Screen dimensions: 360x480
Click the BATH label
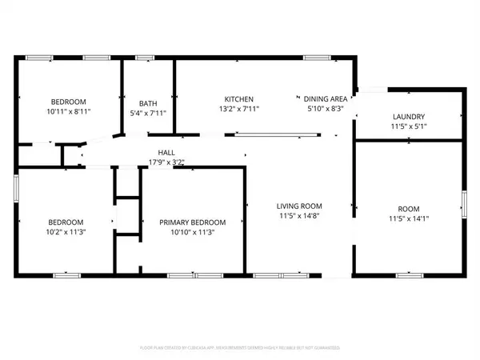coord(148,103)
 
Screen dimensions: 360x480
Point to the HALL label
coord(166,152)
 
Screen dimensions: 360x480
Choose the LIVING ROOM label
coord(298,206)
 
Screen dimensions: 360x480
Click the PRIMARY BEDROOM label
coord(192,222)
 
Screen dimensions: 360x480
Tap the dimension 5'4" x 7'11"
coord(148,114)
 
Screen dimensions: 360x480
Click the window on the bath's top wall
coord(145,58)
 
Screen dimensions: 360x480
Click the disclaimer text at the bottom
coord(240,348)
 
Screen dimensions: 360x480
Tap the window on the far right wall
coord(465,204)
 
